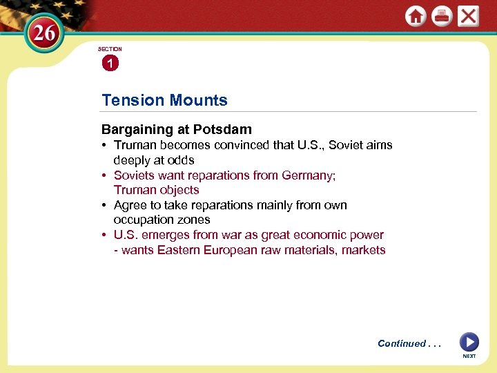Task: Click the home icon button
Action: click(x=416, y=16)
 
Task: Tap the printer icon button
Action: click(x=442, y=16)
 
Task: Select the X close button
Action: click(x=468, y=16)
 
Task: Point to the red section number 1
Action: click(x=109, y=64)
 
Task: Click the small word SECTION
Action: click(x=110, y=49)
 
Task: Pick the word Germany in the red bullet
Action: click(x=307, y=175)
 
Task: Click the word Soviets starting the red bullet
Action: click(x=134, y=175)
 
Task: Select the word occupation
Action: click(x=142, y=220)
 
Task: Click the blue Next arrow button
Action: click(x=469, y=342)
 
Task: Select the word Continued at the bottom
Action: click(x=402, y=343)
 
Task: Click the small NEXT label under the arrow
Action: click(x=469, y=356)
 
